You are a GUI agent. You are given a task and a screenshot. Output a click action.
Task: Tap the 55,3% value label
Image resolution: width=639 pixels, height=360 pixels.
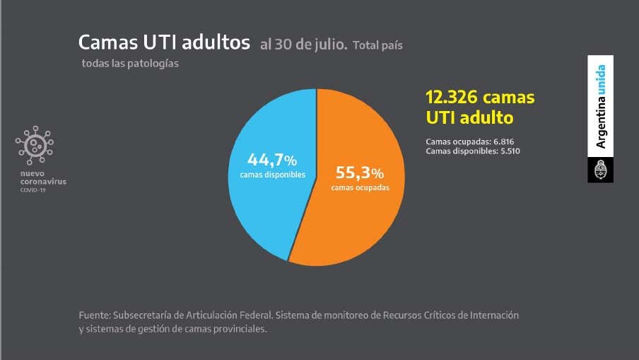pos(360,173)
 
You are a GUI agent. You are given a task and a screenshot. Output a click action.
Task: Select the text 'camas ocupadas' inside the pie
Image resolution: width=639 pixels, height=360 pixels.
pos(360,187)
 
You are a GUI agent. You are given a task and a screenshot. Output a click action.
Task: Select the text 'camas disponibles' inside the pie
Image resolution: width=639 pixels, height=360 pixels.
pos(272,174)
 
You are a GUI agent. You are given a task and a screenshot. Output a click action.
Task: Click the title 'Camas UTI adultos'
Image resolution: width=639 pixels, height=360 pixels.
pos(164,42)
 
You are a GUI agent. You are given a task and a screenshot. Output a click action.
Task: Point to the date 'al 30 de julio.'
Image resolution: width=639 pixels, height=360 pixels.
pos(303,45)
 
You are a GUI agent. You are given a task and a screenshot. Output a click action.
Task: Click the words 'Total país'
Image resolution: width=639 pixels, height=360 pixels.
pos(377,45)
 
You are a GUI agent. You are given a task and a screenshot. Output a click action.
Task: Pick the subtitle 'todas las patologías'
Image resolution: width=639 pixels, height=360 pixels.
pos(130,64)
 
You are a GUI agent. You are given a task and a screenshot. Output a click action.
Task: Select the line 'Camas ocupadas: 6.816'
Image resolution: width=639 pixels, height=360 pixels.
pos(469,141)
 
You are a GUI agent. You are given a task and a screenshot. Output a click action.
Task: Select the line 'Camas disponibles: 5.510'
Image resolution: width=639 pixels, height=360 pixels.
pos(473,151)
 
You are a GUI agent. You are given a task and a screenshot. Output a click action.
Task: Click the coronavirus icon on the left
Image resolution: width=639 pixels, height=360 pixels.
pos(34,146)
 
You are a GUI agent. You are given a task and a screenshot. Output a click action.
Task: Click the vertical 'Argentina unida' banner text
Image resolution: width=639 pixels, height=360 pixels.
pos(601,106)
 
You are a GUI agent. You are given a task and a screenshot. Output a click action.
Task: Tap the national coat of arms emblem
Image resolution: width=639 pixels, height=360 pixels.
pos(601,170)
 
